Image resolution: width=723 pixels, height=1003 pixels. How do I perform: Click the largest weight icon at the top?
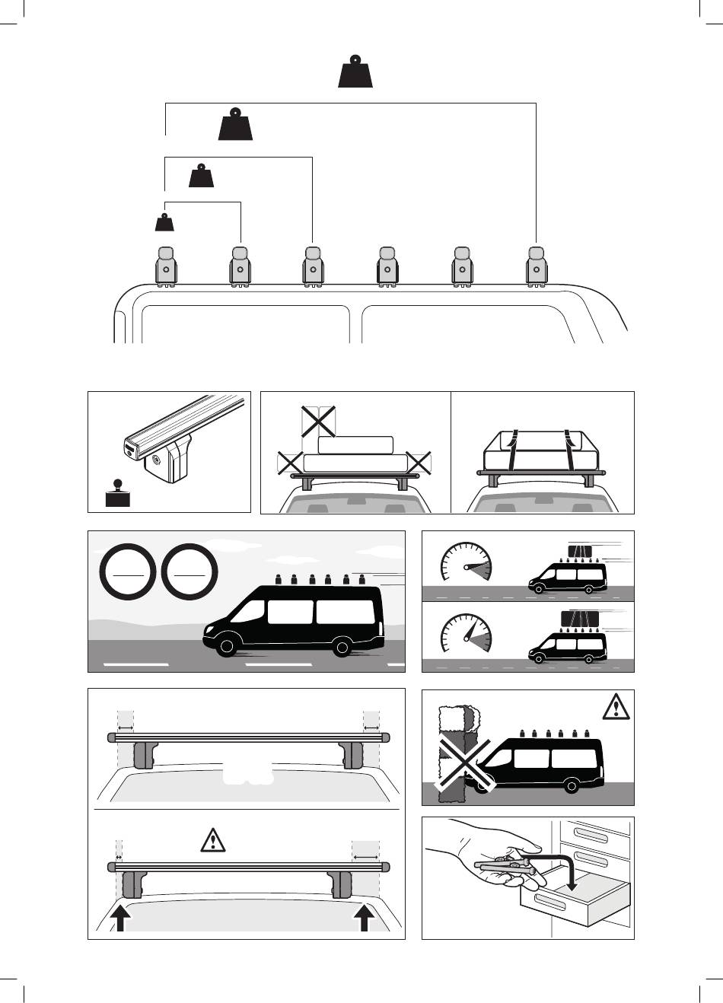pos(355,72)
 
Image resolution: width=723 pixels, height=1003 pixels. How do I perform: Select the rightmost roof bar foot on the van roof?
pos(537,266)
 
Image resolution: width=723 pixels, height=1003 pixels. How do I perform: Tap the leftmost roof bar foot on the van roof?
pos(167,266)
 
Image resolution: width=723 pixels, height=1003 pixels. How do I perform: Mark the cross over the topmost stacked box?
pos(318,420)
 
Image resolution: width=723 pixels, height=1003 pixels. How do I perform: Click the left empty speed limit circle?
pos(129,570)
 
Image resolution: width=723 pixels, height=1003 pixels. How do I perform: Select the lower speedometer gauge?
pos(466,637)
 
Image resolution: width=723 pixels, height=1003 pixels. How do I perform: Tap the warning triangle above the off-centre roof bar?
pos(213,840)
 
